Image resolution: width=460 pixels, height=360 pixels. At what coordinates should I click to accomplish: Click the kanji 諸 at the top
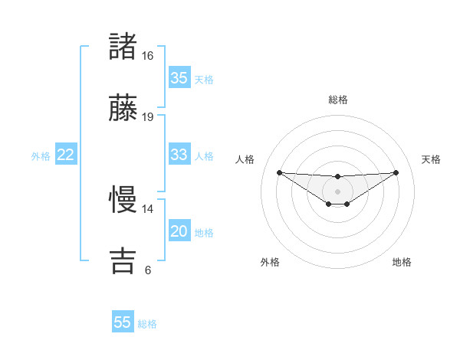click(x=123, y=47)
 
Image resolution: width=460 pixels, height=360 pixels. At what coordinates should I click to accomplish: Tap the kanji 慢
click(x=123, y=201)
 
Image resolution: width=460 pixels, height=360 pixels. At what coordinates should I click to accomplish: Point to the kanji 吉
click(x=123, y=260)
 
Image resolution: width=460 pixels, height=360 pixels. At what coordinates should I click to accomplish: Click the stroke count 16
click(x=147, y=56)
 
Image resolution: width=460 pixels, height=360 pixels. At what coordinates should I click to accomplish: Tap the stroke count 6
click(x=147, y=270)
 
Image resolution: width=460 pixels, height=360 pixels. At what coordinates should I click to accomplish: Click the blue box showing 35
click(x=179, y=78)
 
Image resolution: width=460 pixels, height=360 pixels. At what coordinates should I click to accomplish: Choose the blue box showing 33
click(x=179, y=155)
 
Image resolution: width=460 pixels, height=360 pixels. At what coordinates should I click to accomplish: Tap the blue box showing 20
click(x=179, y=232)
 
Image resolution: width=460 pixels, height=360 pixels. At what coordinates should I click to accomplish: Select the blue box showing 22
click(x=66, y=155)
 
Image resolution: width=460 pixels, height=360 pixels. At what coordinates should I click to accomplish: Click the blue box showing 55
click(x=123, y=322)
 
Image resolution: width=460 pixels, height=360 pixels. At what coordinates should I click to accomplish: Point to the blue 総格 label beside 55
click(x=147, y=324)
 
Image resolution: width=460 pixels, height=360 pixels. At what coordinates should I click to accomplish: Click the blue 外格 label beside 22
click(x=41, y=156)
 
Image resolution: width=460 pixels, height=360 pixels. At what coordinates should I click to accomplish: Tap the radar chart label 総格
click(x=337, y=100)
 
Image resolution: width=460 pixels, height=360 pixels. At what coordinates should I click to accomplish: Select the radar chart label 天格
click(x=431, y=159)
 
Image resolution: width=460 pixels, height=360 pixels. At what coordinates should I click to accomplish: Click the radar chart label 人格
click(x=245, y=159)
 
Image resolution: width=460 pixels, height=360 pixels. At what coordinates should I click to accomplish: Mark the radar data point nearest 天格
click(x=396, y=172)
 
